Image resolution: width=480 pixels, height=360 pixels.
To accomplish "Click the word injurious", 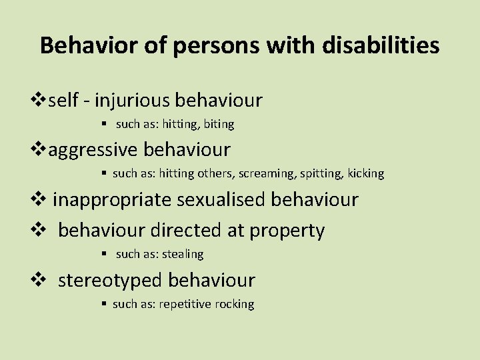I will (131, 101).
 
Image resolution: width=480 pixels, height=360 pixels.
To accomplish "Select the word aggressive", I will (93, 149).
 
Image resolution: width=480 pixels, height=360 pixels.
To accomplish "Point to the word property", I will (287, 231).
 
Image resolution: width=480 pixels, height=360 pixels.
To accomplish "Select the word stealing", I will (181, 254).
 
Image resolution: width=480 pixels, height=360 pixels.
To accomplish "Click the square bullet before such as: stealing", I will (106, 254).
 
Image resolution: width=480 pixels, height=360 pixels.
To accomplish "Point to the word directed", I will (184, 231).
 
